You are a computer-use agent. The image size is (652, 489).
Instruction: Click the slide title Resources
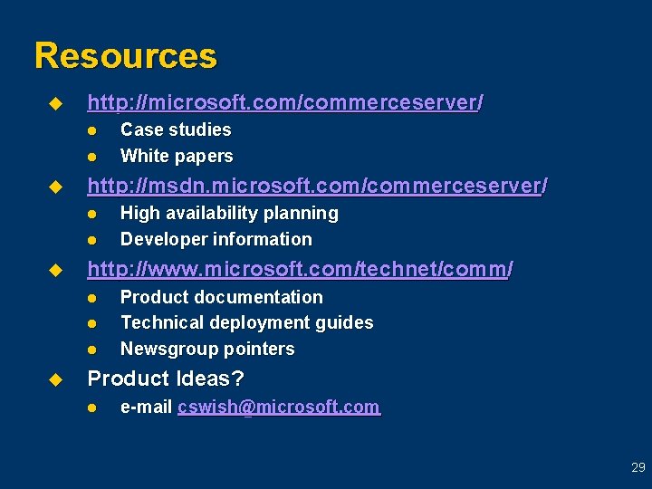pos(126,56)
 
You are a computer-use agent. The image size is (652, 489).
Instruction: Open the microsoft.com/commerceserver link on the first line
pos(284,103)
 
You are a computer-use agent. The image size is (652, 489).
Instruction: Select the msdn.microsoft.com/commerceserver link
pos(317,187)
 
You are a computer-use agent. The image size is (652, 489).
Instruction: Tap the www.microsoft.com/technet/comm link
pos(300,269)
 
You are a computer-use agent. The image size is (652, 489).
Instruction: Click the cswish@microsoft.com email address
pos(279,407)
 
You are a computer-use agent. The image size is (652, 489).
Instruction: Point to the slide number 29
pos(638,468)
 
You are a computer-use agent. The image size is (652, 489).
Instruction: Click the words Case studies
pos(176,129)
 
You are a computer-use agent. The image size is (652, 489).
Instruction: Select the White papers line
pos(177,156)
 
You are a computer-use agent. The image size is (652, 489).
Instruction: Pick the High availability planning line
pos(229,213)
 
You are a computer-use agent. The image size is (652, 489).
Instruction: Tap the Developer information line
pos(216,239)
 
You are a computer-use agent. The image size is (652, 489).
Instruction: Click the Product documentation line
pos(221,297)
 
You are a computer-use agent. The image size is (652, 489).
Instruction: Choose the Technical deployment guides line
pos(246,322)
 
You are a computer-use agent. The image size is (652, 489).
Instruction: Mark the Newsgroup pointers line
pos(207,349)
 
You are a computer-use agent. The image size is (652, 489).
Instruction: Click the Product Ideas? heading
pos(166,379)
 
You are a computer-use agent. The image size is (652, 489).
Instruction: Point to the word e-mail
pos(147,407)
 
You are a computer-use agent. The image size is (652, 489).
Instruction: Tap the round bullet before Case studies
pos(92,130)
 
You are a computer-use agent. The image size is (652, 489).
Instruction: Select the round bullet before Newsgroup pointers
pos(92,350)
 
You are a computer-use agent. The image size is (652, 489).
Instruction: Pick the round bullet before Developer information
pos(92,240)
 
